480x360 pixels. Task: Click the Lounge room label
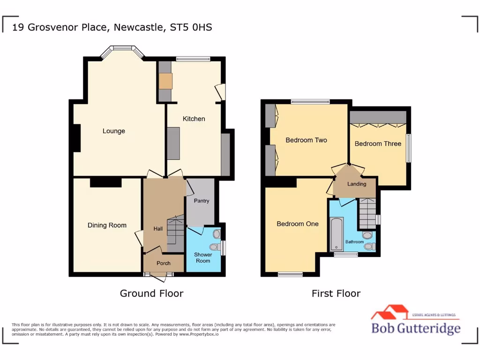pyautogui.click(x=114, y=131)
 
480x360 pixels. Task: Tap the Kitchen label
pyautogui.click(x=194, y=119)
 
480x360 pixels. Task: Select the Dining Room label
pyautogui.click(x=107, y=225)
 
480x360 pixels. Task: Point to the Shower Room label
pyautogui.click(x=203, y=257)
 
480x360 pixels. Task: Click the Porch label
pyautogui.click(x=163, y=263)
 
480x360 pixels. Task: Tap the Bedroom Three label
pyautogui.click(x=378, y=143)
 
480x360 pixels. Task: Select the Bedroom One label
pyautogui.click(x=297, y=224)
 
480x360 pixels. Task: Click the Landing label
pyautogui.click(x=356, y=184)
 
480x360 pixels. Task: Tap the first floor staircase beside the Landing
pyautogui.click(x=368, y=212)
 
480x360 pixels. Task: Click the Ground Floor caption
pyautogui.click(x=151, y=293)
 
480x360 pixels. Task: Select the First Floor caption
pyautogui.click(x=336, y=293)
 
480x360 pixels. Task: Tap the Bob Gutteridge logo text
pyautogui.click(x=415, y=328)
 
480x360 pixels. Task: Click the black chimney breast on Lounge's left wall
pyautogui.click(x=76, y=138)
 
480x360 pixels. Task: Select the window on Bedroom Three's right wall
pyautogui.click(x=408, y=148)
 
